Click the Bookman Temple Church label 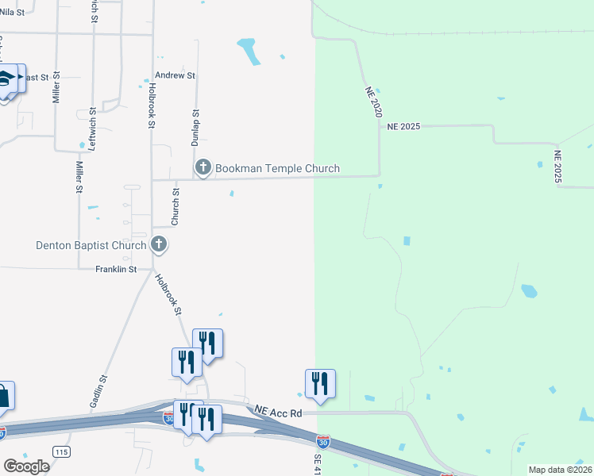(277, 168)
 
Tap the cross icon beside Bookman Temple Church (202, 167)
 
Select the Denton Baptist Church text (91, 245)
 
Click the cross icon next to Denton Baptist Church (158, 244)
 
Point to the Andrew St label (175, 75)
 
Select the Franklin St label (116, 270)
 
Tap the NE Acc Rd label (278, 413)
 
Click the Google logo (26, 466)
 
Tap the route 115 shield (60, 451)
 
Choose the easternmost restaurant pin (320, 383)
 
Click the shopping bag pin (4, 395)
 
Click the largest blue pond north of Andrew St (250, 51)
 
